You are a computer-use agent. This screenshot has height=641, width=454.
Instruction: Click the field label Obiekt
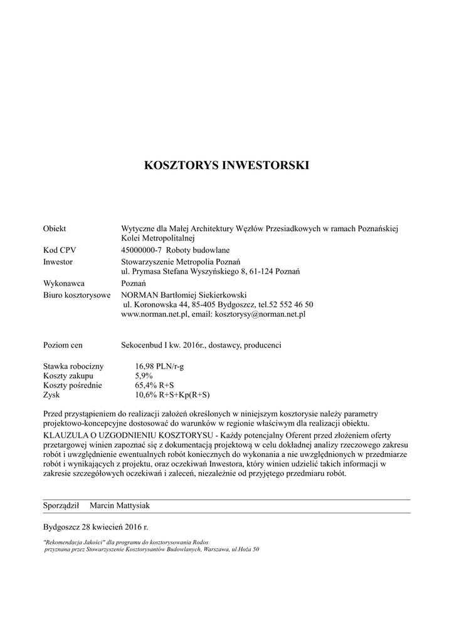(55, 228)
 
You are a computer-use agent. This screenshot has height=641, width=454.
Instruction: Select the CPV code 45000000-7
(143, 250)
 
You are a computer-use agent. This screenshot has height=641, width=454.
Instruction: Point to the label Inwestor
(58, 261)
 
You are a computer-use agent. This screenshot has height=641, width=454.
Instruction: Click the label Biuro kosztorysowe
(77, 295)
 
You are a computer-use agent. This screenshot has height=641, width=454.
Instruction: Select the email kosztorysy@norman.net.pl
(260, 314)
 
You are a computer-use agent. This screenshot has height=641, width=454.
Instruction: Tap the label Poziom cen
(63, 345)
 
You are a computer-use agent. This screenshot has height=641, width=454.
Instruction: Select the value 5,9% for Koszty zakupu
(144, 376)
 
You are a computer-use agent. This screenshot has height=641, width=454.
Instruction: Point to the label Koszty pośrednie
(72, 386)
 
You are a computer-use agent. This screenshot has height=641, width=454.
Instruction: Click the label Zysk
(51, 396)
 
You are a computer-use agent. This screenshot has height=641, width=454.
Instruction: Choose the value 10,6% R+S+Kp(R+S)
(172, 396)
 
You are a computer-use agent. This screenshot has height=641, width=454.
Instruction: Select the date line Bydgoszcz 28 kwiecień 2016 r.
(96, 526)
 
